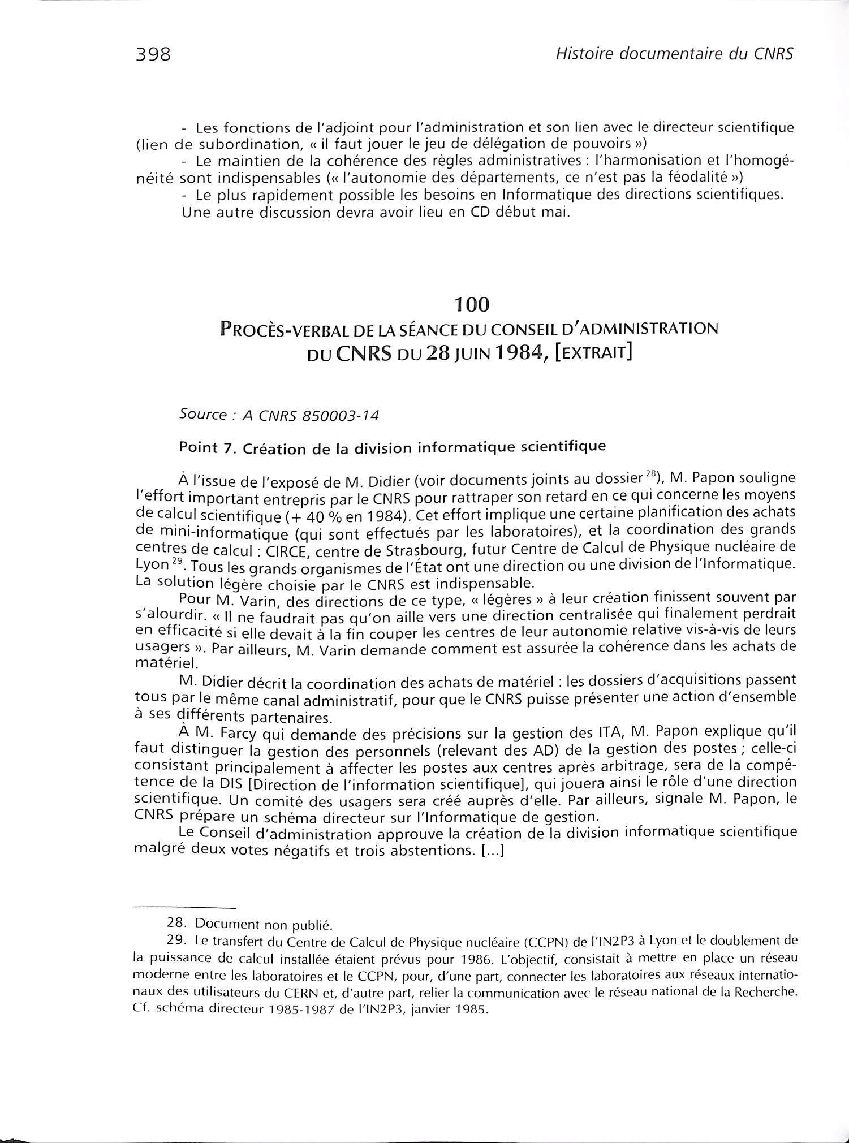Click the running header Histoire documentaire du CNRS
pos(675,54)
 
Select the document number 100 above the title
pos(471,305)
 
